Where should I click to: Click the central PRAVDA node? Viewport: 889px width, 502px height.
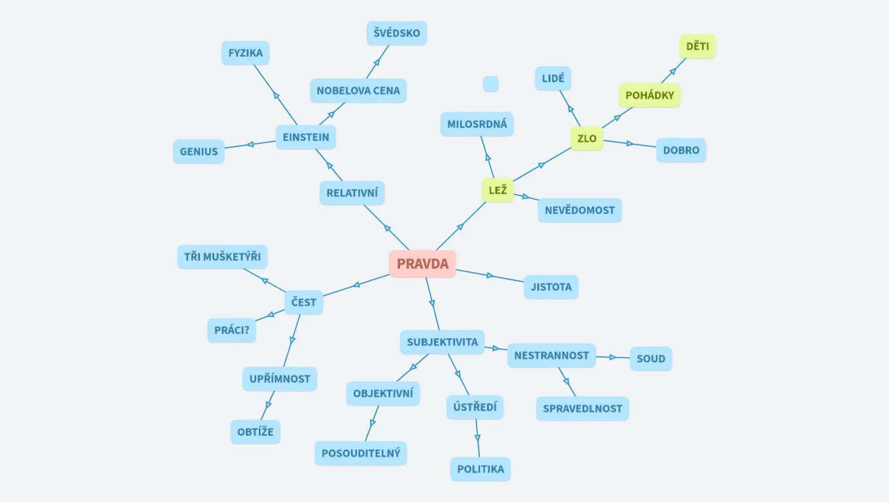[x=422, y=264]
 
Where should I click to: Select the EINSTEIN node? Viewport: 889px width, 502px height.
[x=306, y=137]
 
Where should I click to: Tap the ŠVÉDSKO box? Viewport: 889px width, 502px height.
[x=397, y=33]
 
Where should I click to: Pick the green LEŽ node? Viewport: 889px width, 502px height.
[x=497, y=190]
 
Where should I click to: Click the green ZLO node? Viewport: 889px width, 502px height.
[x=587, y=139]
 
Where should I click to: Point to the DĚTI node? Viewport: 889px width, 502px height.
[x=697, y=46]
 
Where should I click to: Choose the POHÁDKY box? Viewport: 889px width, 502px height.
[x=650, y=95]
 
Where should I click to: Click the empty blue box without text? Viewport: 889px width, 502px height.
[x=491, y=84]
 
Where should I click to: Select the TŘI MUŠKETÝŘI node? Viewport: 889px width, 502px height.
[x=222, y=257]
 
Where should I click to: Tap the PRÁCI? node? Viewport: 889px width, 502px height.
[x=231, y=330]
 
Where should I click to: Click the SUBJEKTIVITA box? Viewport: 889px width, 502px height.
[x=442, y=342]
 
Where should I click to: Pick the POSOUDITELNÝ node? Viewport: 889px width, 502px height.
[x=360, y=454]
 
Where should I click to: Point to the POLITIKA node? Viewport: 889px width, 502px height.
[x=480, y=469]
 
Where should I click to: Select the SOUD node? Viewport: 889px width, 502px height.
[x=650, y=359]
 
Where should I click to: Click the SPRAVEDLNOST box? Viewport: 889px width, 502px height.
[x=582, y=409]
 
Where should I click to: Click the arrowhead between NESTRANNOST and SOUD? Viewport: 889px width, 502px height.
[x=613, y=358]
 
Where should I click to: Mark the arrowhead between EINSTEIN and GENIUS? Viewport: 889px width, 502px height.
[x=250, y=144]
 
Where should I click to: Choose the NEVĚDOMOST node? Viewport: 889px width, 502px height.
[x=580, y=210]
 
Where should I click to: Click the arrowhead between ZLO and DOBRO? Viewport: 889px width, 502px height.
[x=630, y=143]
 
